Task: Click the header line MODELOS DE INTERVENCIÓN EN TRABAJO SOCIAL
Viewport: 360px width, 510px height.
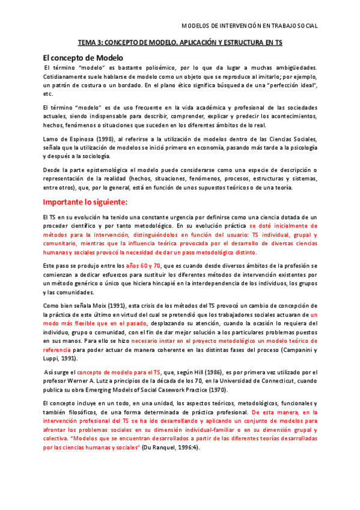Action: pyautogui.click(x=249, y=26)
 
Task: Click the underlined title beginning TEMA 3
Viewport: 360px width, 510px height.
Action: pyautogui.click(x=180, y=43)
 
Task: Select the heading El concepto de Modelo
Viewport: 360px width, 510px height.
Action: pyautogui.click(x=83, y=58)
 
